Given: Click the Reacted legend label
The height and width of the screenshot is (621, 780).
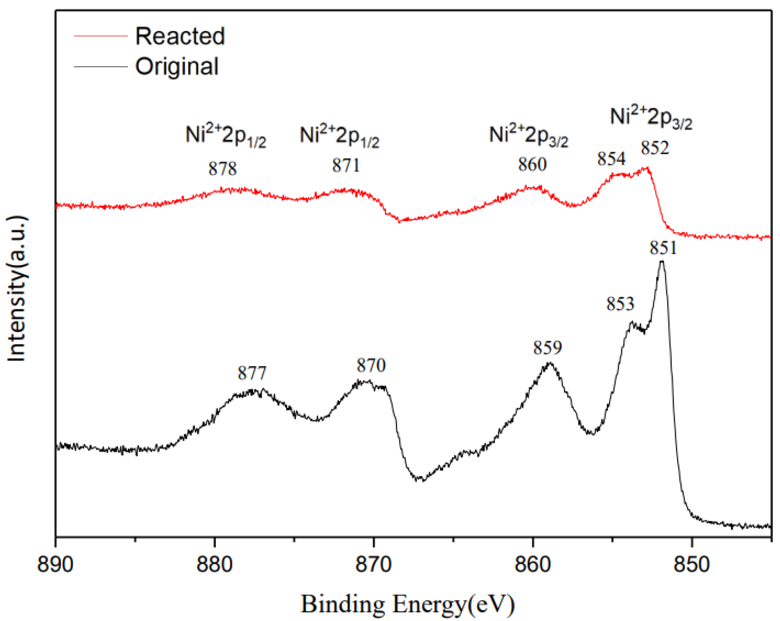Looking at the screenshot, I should (180, 36).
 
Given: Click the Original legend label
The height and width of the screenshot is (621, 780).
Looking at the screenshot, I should (177, 66).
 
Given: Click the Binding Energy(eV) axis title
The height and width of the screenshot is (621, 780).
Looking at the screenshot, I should (408, 604).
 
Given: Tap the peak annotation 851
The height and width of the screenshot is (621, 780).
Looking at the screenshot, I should (663, 248).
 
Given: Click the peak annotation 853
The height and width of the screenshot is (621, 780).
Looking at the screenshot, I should (620, 304).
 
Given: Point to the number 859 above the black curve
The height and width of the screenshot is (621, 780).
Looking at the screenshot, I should (547, 348).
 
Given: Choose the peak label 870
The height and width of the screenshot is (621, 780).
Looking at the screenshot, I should (371, 365).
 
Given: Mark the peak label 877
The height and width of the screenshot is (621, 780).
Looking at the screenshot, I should (252, 373).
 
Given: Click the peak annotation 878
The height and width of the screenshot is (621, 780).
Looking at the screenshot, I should (222, 169).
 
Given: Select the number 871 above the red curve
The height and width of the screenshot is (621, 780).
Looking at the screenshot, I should (346, 166).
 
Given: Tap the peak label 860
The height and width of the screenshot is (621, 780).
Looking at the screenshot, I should (532, 164).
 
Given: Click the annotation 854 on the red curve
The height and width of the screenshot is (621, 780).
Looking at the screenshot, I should (611, 158).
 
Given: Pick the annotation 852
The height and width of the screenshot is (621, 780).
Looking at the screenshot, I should (655, 148).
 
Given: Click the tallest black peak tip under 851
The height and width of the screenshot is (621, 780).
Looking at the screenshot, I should (662, 261).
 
